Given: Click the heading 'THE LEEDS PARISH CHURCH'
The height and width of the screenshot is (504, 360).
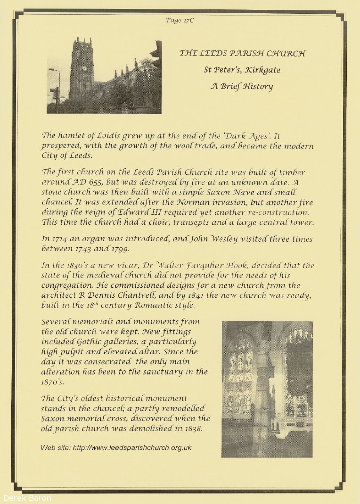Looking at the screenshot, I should coord(242,53).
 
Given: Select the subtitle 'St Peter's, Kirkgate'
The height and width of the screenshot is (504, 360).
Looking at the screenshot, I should coord(242,70).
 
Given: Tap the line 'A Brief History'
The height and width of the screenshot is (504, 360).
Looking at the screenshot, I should coord(241,87).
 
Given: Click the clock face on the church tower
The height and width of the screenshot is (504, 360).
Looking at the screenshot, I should coord(84,68).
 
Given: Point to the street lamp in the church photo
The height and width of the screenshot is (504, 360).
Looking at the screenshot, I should coord(56,89).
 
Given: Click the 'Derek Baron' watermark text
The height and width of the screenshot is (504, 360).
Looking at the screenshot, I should coord(26,497).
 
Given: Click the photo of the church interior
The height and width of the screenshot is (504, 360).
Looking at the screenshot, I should coord(267,390).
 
